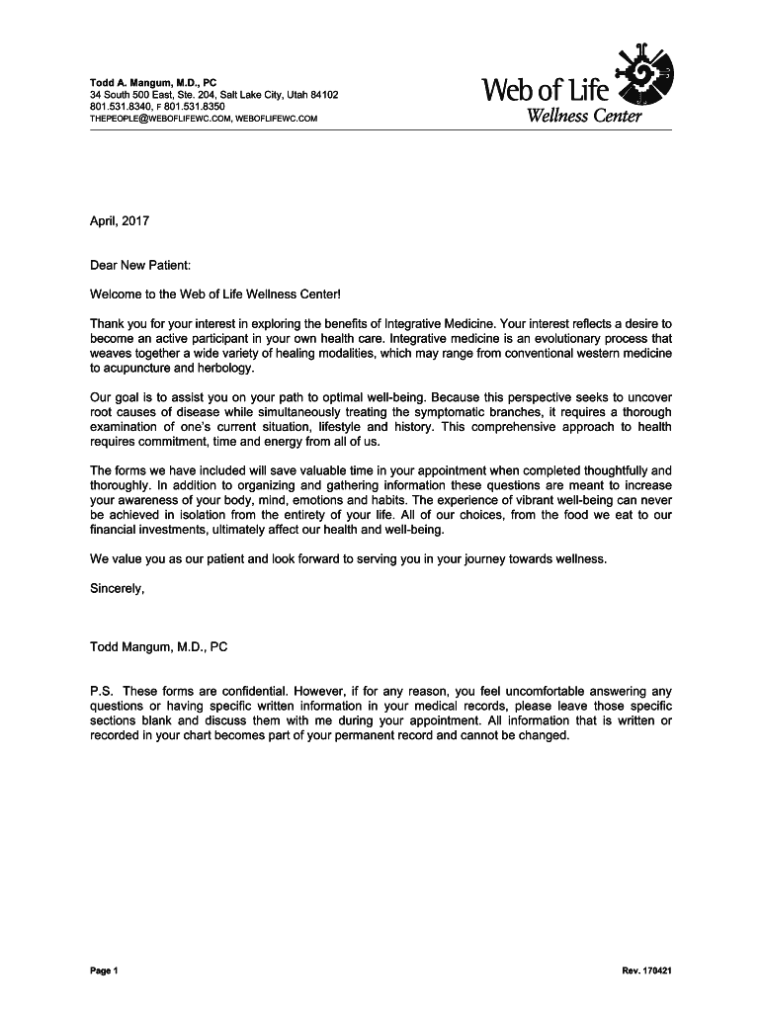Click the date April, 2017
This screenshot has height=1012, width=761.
120,221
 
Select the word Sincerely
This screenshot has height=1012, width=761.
117,589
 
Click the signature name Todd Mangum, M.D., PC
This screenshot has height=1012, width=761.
159,648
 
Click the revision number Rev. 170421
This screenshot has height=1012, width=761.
647,971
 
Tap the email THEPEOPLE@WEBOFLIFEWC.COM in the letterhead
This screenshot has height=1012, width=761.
159,119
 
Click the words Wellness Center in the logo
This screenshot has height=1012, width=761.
584,118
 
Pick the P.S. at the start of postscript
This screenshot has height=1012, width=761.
101,692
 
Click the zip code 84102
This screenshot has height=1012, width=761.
318,95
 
